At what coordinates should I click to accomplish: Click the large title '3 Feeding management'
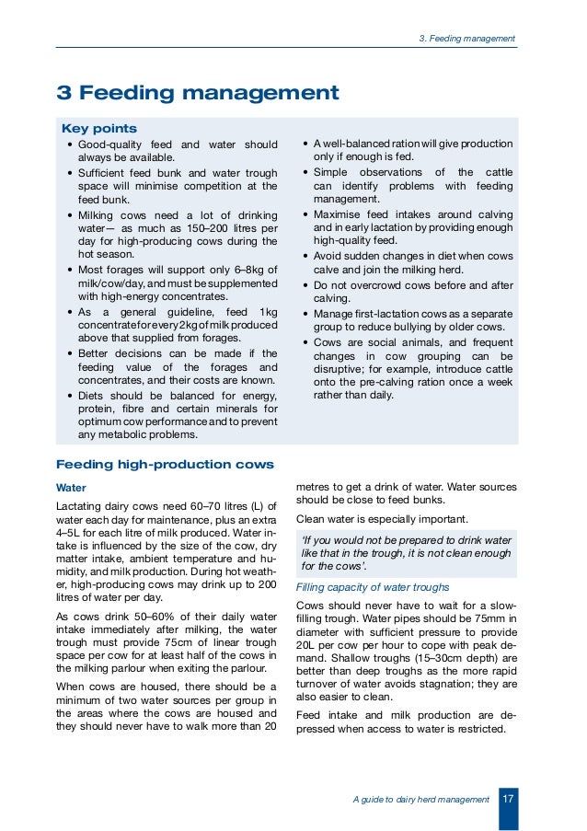198,93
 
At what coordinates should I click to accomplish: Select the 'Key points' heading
98,128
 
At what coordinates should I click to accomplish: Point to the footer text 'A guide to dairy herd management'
420,801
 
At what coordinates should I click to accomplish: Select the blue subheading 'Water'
72,486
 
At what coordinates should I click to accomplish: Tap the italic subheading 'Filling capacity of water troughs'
372,587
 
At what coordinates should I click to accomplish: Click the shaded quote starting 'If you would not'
406,552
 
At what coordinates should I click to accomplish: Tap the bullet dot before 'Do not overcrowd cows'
305,284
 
